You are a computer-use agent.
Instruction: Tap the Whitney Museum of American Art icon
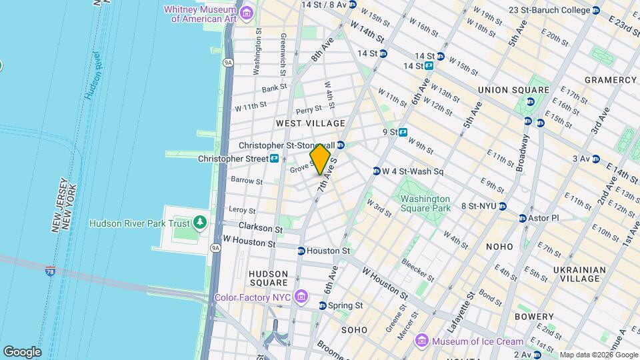(x=247, y=13)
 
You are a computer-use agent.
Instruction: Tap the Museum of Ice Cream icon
(x=421, y=341)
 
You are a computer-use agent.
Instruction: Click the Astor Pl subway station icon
(x=523, y=218)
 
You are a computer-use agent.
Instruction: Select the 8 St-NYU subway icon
(x=503, y=207)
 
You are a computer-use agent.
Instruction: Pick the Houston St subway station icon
(x=301, y=251)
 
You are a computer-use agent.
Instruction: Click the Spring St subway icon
(x=323, y=305)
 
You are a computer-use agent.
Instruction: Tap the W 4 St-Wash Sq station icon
(x=377, y=171)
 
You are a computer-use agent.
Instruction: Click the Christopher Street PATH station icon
(x=274, y=159)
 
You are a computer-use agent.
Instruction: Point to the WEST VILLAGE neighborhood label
(x=311, y=123)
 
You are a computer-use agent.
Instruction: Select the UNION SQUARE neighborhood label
(x=513, y=90)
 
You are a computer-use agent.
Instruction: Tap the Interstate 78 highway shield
(x=51, y=271)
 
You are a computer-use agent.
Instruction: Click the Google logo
(x=22, y=351)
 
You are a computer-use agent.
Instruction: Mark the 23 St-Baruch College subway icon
(x=596, y=10)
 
